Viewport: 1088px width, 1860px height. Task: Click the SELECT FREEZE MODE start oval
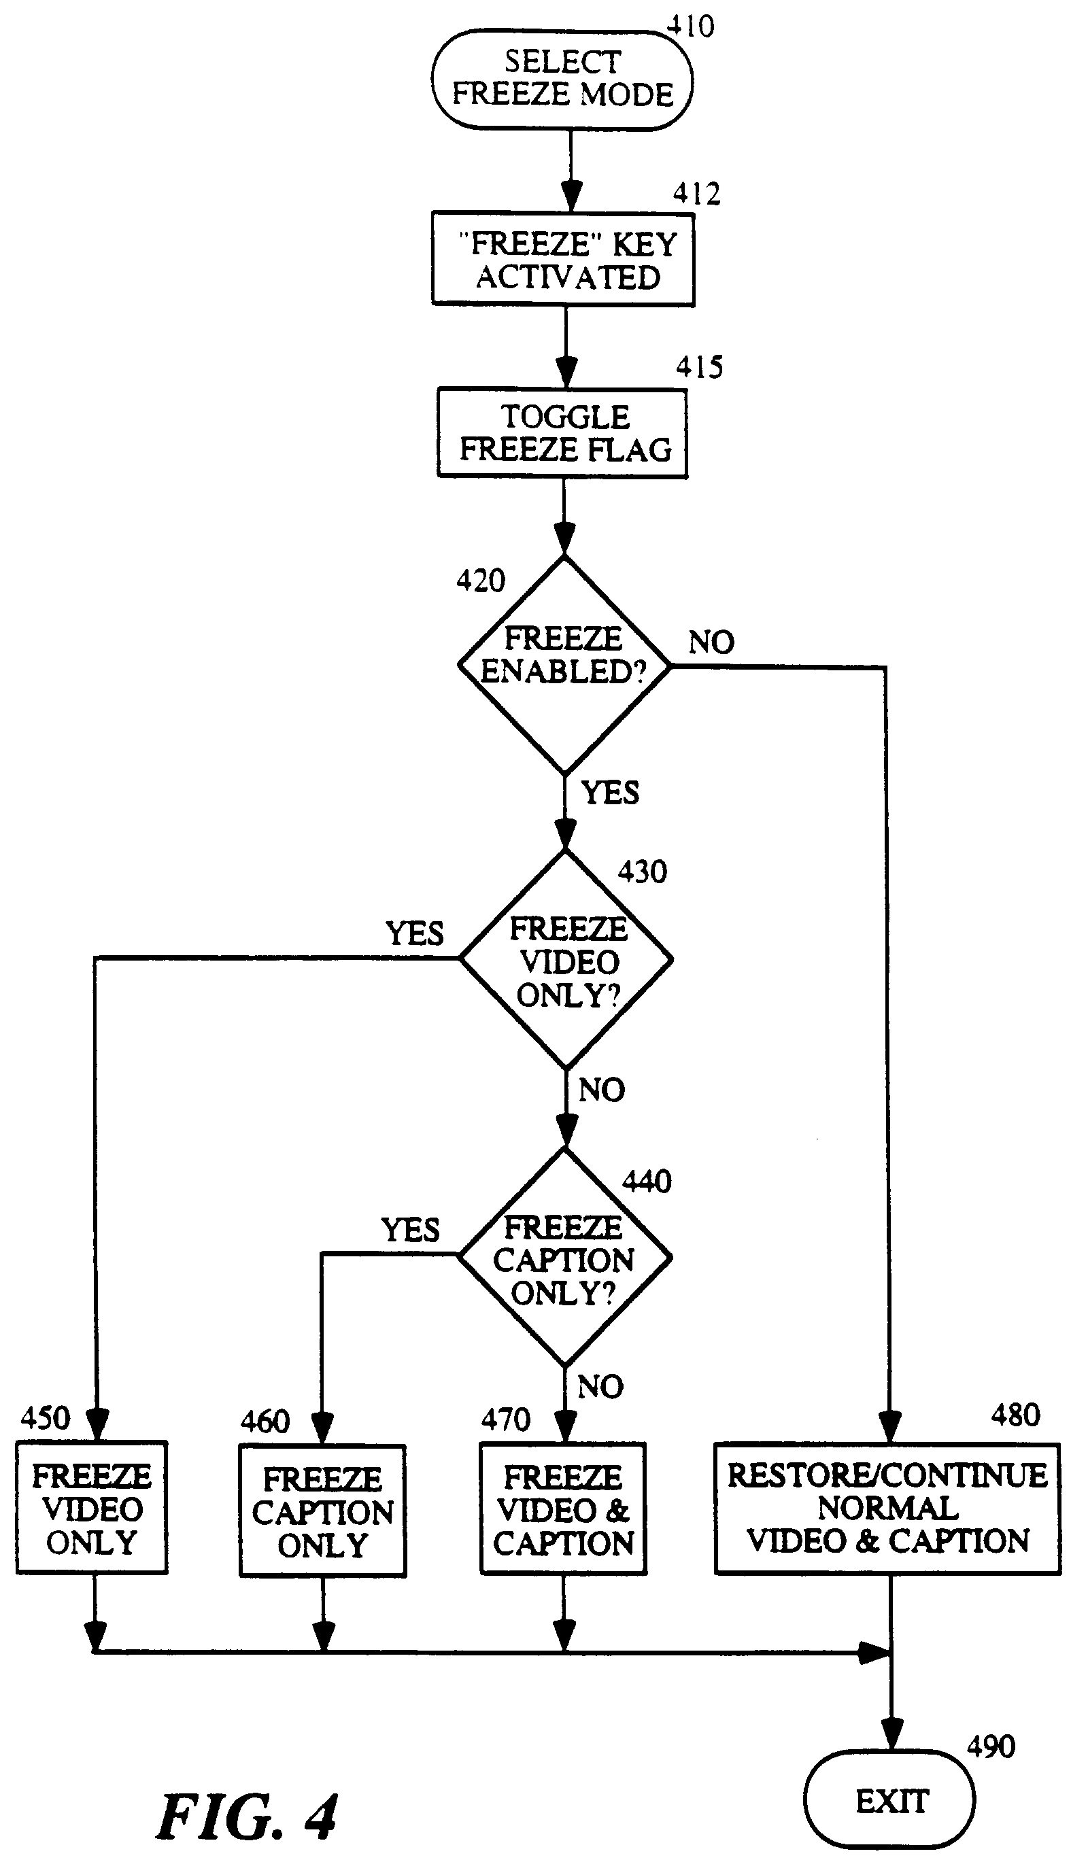point(562,80)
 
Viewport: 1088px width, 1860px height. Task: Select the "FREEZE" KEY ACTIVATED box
point(563,260)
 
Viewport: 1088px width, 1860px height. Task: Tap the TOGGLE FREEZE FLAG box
point(562,433)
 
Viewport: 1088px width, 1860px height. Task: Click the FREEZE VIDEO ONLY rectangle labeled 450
point(92,1509)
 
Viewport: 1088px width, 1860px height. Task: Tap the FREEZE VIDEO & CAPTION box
point(563,1510)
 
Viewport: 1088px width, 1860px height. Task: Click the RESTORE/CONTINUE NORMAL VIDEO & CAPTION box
point(887,1509)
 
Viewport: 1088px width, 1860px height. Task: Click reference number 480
point(1015,1415)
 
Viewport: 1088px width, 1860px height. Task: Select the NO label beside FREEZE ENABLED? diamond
point(711,642)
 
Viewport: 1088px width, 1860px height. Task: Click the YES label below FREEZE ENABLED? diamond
point(610,793)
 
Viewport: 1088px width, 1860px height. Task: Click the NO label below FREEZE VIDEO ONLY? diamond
point(602,1090)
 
